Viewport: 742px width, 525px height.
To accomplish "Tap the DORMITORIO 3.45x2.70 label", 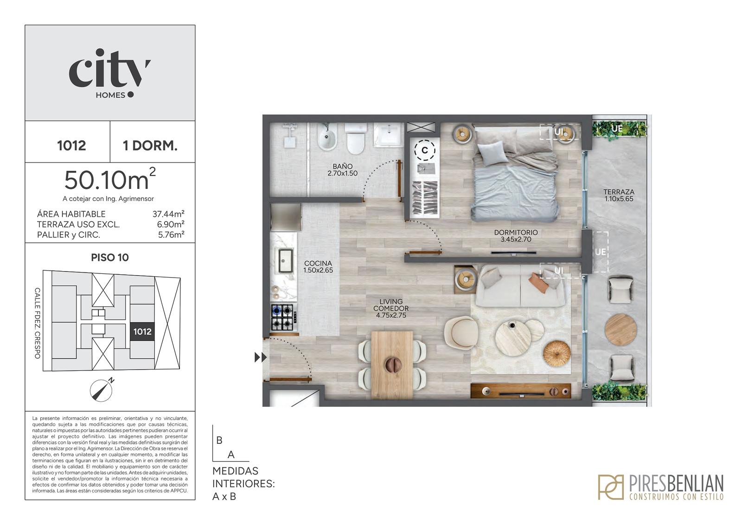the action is click(x=516, y=236).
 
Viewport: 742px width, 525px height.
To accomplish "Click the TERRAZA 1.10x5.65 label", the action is click(x=619, y=195).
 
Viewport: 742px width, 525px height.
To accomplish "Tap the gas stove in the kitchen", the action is click(x=282, y=318).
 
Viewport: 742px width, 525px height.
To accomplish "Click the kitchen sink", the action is click(x=286, y=260).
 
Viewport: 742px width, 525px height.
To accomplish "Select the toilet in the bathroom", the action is click(x=355, y=139).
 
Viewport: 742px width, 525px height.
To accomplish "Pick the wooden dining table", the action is click(x=392, y=365).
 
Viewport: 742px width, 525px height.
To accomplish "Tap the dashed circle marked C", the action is click(x=425, y=150).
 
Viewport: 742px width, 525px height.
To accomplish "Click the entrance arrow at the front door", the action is click(x=261, y=357).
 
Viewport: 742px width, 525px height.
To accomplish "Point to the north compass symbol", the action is click(x=102, y=389).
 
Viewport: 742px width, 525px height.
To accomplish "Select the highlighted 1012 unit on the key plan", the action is click(x=142, y=331).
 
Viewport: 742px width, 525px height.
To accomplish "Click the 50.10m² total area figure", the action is click(x=110, y=179).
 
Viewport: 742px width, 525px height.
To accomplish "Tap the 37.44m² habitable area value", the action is click(x=168, y=214).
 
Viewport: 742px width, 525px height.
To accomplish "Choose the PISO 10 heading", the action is click(x=110, y=258).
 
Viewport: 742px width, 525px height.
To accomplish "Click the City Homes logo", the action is click(x=110, y=74).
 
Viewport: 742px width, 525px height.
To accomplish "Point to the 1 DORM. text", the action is click(x=150, y=146).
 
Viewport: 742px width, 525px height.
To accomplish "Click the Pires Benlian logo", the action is click(x=660, y=487).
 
